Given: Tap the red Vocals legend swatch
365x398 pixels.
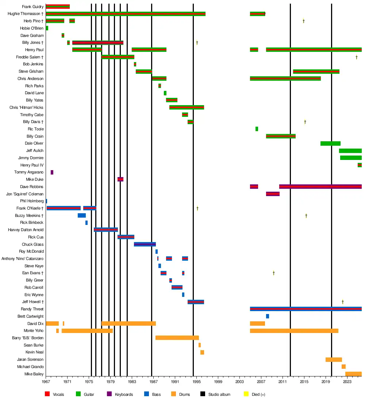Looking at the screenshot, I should click(47, 394).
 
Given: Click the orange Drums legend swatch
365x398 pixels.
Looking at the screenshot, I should click(173, 394).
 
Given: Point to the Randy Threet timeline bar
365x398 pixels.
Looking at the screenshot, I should click(306, 309).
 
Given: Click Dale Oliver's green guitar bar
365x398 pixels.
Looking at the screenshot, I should click(330, 143).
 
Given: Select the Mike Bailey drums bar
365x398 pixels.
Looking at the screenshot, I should click(353, 374).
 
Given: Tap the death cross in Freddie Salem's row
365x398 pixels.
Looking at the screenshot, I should click(357, 57).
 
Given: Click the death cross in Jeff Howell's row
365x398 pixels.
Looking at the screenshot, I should click(343, 302).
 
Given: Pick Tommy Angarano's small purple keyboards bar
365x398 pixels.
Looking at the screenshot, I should click(52, 172).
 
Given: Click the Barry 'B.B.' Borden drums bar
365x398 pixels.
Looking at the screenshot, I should click(177, 338).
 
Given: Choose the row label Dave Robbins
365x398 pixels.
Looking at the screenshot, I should click(32, 187).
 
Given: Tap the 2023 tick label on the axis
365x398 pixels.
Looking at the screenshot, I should click(347, 381).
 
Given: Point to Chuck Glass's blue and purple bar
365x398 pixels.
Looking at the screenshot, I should click(145, 244).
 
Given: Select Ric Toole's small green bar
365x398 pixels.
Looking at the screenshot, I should click(257, 129).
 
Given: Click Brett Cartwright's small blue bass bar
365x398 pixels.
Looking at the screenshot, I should click(268, 316).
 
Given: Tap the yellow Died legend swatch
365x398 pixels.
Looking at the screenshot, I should click(246, 394).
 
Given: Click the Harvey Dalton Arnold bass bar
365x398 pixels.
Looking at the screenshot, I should click(105, 230).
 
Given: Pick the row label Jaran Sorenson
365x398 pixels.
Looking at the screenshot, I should click(30, 360).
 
